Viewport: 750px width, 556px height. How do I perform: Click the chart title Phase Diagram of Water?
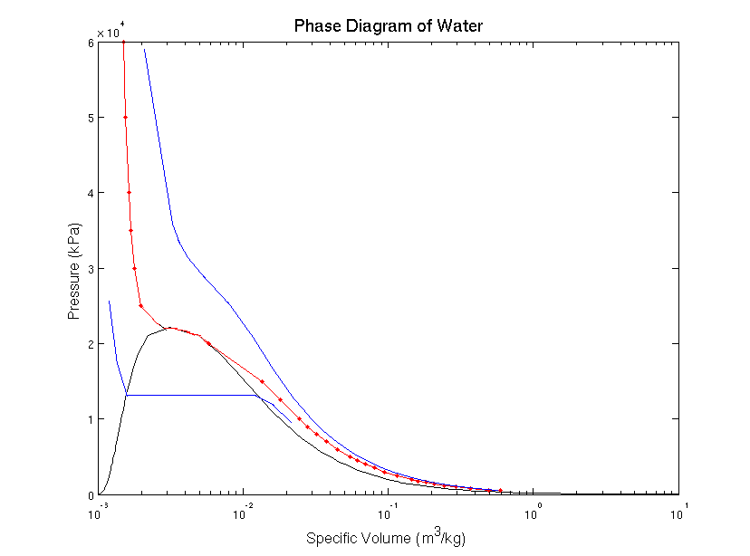click(x=388, y=25)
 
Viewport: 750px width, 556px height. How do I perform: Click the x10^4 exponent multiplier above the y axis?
click(x=111, y=33)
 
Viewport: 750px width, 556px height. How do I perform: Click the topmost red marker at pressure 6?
click(x=123, y=43)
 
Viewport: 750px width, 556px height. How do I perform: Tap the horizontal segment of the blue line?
click(x=190, y=395)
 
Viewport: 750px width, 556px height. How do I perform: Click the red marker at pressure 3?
click(x=134, y=268)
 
